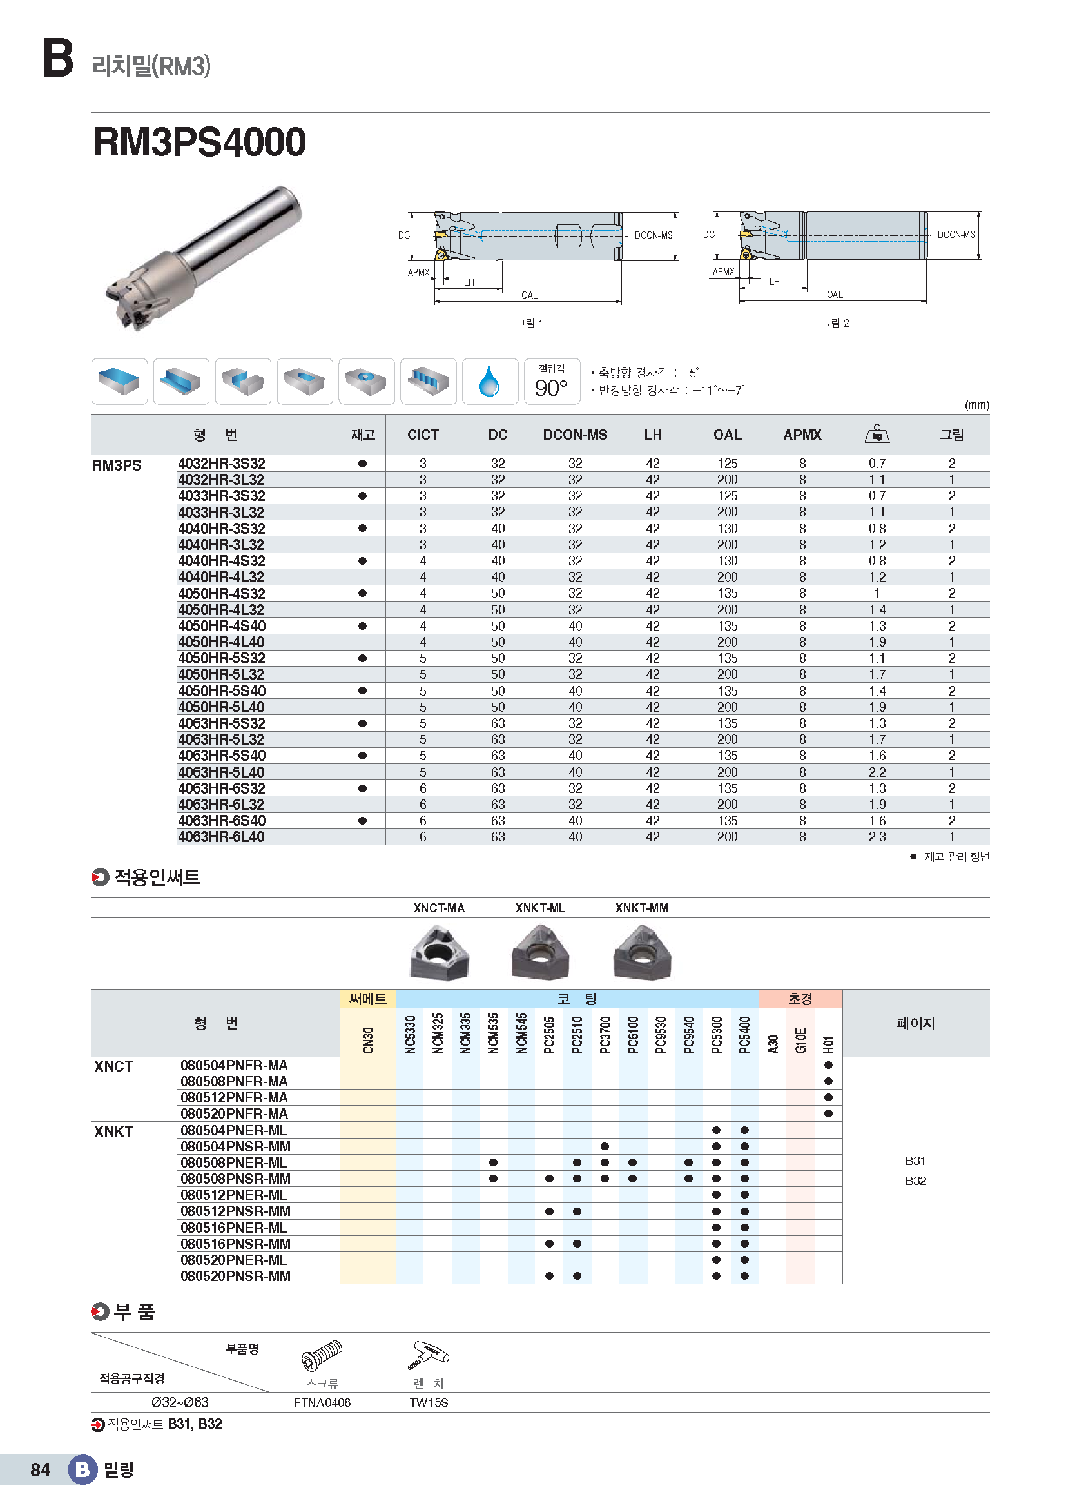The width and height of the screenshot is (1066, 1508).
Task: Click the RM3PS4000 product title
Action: point(199,142)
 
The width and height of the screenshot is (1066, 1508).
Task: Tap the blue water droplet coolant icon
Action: point(489,381)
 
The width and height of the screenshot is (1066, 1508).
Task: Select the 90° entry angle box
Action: point(552,382)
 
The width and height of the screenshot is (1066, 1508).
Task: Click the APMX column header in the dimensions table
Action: point(802,435)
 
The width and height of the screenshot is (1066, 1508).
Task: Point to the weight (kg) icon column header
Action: point(877,434)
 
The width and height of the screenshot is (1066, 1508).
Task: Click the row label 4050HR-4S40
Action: point(222,626)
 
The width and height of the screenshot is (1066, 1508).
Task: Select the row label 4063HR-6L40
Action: point(221,837)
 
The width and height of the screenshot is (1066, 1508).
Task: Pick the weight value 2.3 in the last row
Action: point(877,837)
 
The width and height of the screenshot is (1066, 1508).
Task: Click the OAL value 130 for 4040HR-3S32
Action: point(727,529)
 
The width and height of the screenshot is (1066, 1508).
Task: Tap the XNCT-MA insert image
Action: point(439,952)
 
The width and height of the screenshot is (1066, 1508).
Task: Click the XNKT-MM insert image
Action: point(642,952)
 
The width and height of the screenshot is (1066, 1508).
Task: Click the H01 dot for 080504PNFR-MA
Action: point(828,1065)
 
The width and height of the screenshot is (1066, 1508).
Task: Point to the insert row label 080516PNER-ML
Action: point(235,1228)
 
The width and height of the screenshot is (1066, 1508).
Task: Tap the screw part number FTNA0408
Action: point(322,1403)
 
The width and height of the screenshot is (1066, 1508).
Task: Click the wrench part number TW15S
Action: point(429,1403)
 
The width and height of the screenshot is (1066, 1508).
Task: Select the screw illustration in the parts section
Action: point(322,1356)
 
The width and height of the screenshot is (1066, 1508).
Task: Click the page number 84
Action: point(40,1470)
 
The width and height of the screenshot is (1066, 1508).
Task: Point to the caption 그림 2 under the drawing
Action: point(835,323)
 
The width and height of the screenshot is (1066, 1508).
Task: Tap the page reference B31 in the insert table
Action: point(915,1161)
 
